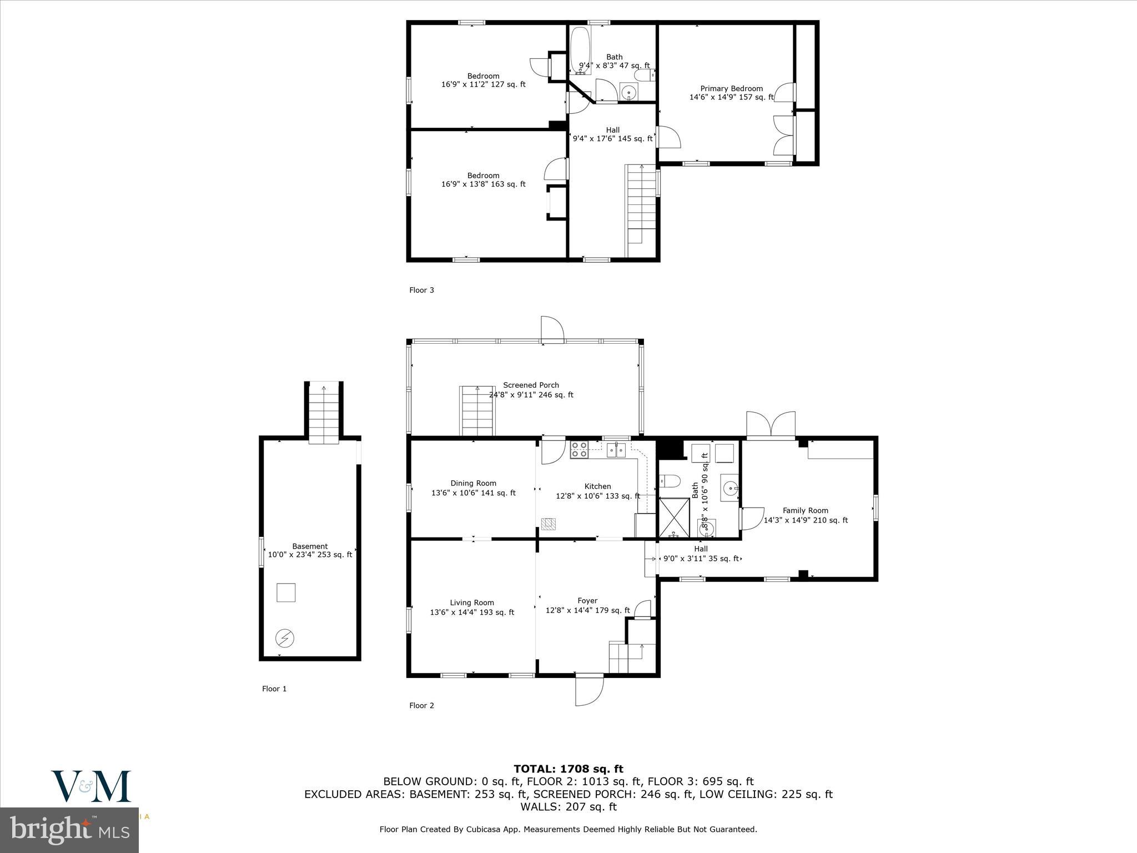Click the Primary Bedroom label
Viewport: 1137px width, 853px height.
tap(731, 89)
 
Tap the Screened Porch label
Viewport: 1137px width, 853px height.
tap(531, 385)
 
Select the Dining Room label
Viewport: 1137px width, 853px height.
tap(473, 483)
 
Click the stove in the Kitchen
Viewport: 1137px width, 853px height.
tap(579, 449)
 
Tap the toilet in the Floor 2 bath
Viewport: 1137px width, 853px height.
tap(668, 481)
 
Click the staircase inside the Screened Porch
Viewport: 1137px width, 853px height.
tap(477, 411)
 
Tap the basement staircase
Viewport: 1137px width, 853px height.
tap(324, 413)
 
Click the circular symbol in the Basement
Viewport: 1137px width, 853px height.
tap(284, 639)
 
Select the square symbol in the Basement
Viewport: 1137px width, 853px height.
tap(286, 593)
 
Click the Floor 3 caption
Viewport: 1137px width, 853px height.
tap(421, 290)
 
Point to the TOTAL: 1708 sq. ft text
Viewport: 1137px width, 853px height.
tap(568, 769)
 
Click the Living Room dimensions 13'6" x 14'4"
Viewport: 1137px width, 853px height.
tap(472, 613)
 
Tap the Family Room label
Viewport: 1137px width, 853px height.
tap(805, 510)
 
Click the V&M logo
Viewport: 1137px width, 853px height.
tap(91, 786)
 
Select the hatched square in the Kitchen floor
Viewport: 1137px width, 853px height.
tap(548, 523)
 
